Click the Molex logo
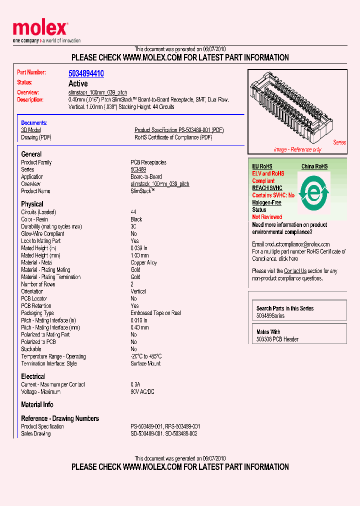(40, 30)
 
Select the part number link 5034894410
(86, 73)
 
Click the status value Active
(78, 83)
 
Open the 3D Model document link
(31, 130)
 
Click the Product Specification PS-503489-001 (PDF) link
(179, 130)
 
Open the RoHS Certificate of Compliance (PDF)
(172, 137)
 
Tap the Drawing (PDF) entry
(36, 137)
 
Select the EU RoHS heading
(262, 166)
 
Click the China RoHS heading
(314, 166)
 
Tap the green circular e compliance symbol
(313, 193)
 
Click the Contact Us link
(295, 271)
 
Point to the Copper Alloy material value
(143, 262)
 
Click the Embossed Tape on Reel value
(155, 313)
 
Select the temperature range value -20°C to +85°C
(146, 356)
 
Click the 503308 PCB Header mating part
(277, 339)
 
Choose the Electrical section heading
(33, 376)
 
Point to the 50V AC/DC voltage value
(142, 392)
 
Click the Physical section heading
(32, 204)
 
